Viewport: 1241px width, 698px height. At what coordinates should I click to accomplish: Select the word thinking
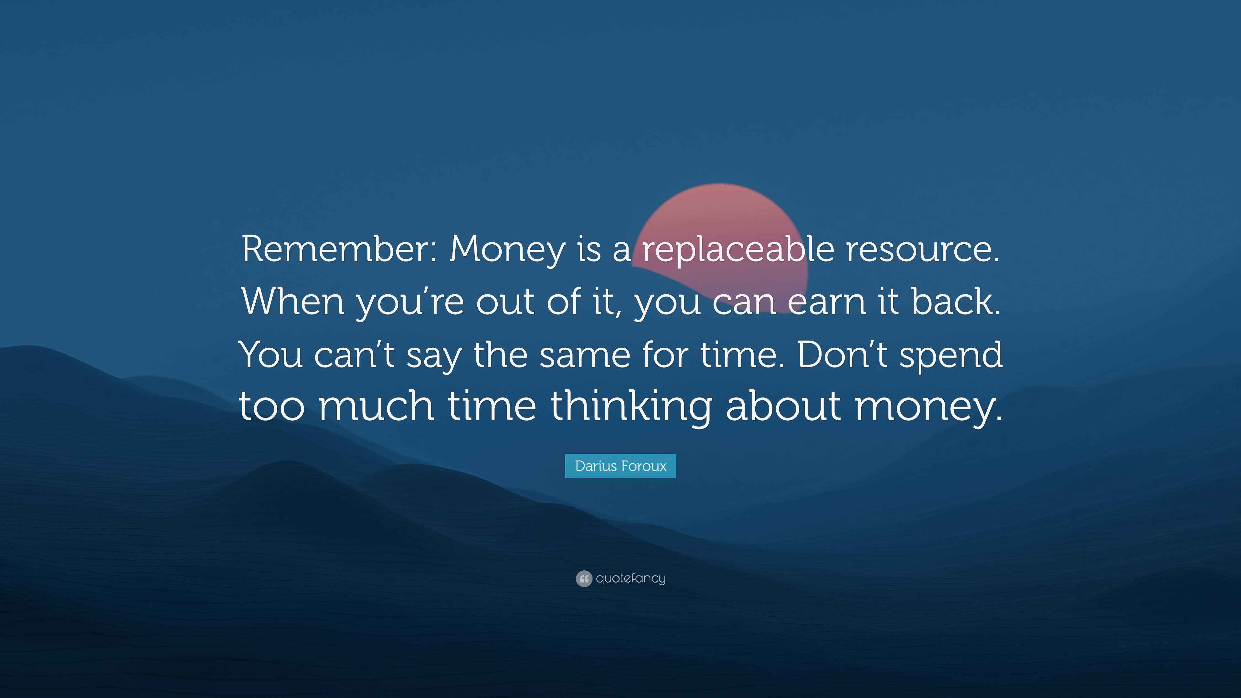point(631,407)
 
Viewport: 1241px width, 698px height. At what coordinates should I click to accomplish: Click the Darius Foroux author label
point(620,466)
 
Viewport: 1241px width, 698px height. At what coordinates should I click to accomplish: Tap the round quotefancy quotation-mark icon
point(584,578)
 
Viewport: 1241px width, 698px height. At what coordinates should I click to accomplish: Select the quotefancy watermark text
point(631,578)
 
